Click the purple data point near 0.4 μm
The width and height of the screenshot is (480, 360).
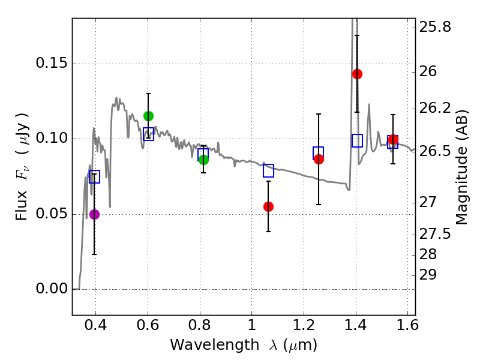(94, 214)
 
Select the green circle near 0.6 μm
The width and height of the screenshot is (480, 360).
(149, 116)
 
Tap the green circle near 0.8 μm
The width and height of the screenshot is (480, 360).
(203, 160)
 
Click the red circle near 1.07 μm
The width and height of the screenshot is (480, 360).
(268, 206)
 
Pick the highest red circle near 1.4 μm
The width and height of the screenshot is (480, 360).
(357, 74)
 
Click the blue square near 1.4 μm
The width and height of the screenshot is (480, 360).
(357, 141)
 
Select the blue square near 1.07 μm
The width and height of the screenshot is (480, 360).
(268, 170)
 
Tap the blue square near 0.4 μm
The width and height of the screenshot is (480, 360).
(94, 176)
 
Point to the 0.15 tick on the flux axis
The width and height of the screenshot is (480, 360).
(73, 64)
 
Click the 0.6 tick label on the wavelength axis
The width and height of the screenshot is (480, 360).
(148, 328)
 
